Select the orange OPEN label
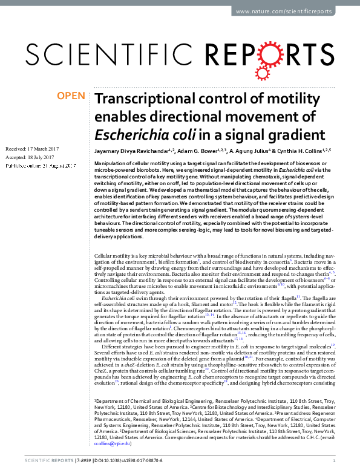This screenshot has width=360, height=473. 71,96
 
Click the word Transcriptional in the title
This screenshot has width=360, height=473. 143,99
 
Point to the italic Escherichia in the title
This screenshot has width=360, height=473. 135,134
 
